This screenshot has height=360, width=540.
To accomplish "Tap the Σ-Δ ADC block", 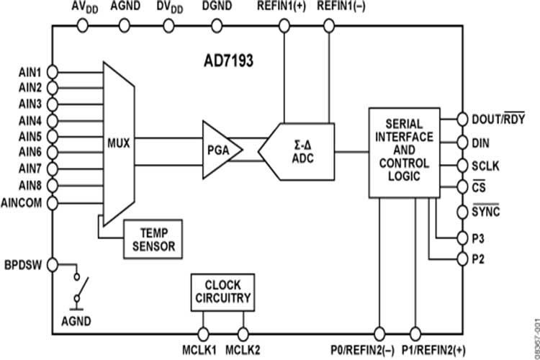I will tap(300, 150).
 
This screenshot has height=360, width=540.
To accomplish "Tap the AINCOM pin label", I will tap(26, 203).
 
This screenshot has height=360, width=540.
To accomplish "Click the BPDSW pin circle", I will tap(53, 264).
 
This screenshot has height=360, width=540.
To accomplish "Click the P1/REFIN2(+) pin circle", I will tap(415, 334).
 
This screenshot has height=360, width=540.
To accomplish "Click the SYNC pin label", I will tap(486, 212).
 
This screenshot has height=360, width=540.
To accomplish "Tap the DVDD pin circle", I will tap(169, 26).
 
